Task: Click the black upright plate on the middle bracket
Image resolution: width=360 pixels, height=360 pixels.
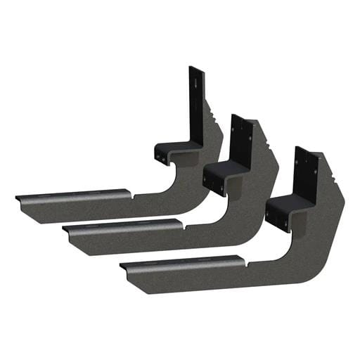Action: pyautogui.click(x=240, y=144)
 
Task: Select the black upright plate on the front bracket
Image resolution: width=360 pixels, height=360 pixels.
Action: pyautogui.click(x=303, y=172)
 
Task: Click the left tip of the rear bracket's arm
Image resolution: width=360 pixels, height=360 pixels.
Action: pyautogui.click(x=18, y=198)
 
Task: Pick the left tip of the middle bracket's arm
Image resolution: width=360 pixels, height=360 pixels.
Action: pyautogui.click(x=65, y=229)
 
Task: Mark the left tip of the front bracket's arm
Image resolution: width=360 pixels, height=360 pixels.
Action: pyautogui.click(x=122, y=265)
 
